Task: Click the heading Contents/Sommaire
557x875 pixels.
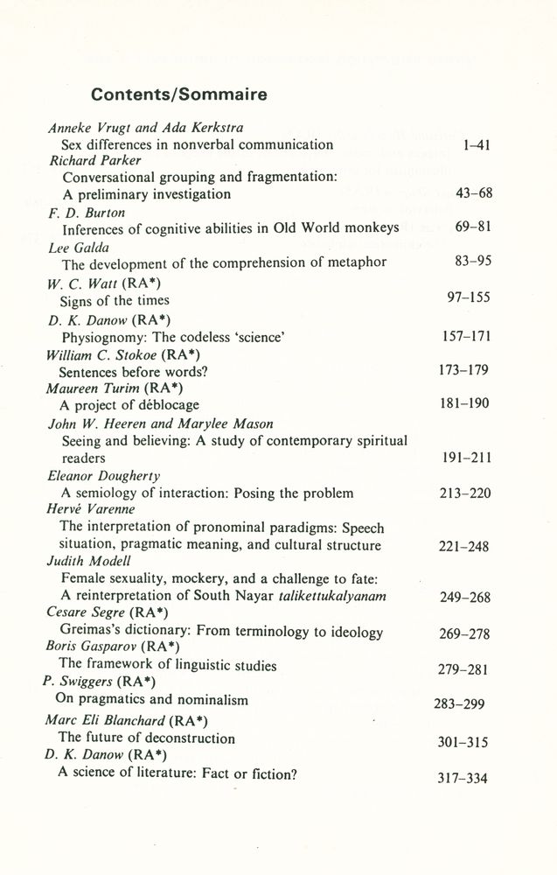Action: coord(179,94)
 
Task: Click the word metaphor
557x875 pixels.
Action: coord(353,262)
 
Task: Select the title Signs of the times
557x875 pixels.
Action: coord(115,301)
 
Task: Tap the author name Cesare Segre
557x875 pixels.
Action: coord(86,612)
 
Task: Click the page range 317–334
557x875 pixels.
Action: coord(463,779)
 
